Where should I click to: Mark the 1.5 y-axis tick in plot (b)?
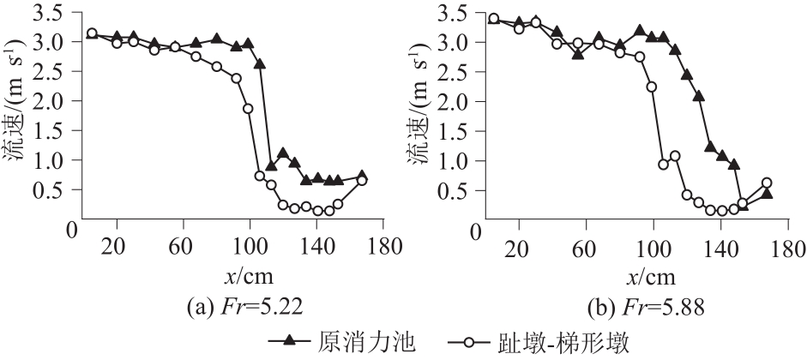[x=459, y=131]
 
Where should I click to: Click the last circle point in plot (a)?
[x=362, y=180]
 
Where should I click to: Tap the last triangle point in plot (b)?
[x=767, y=194]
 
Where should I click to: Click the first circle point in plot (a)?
[x=92, y=33]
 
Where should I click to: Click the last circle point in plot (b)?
[x=767, y=183]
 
